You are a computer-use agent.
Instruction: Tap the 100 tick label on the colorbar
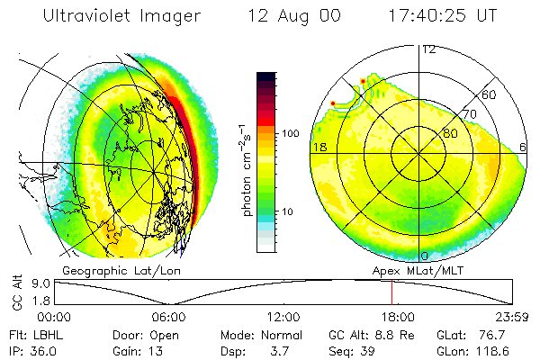coord(291,133)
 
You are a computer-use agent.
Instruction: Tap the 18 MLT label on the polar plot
coord(318,147)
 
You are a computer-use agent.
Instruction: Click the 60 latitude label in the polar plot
coord(490,94)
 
